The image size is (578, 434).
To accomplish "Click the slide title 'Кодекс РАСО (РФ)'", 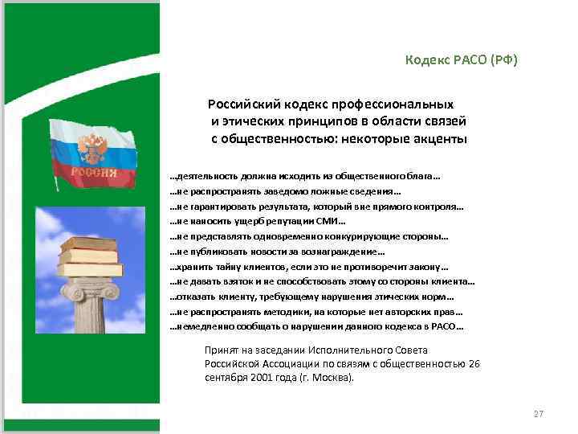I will [462, 61].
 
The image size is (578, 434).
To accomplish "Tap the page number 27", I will [539, 414].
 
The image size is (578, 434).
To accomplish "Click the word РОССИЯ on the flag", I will [93, 172].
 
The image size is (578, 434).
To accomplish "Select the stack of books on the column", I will [91, 256].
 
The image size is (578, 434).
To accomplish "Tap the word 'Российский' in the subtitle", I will [244, 104].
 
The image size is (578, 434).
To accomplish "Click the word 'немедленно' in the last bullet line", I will [201, 327].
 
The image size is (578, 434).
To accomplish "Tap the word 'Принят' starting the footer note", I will [222, 350].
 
